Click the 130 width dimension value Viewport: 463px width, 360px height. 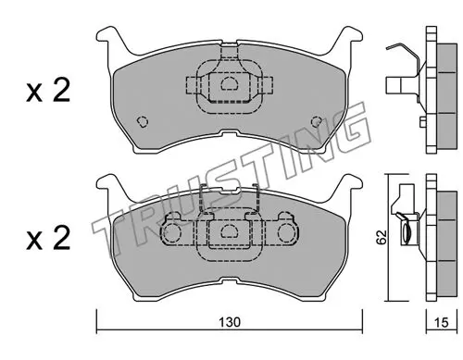point(230,322)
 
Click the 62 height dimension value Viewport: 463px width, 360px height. point(382,237)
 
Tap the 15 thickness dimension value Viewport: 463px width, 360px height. point(441,322)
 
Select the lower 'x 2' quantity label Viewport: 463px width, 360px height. point(48,238)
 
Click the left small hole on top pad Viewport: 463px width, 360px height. point(143,121)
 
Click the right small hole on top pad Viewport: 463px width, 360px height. point(317,121)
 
